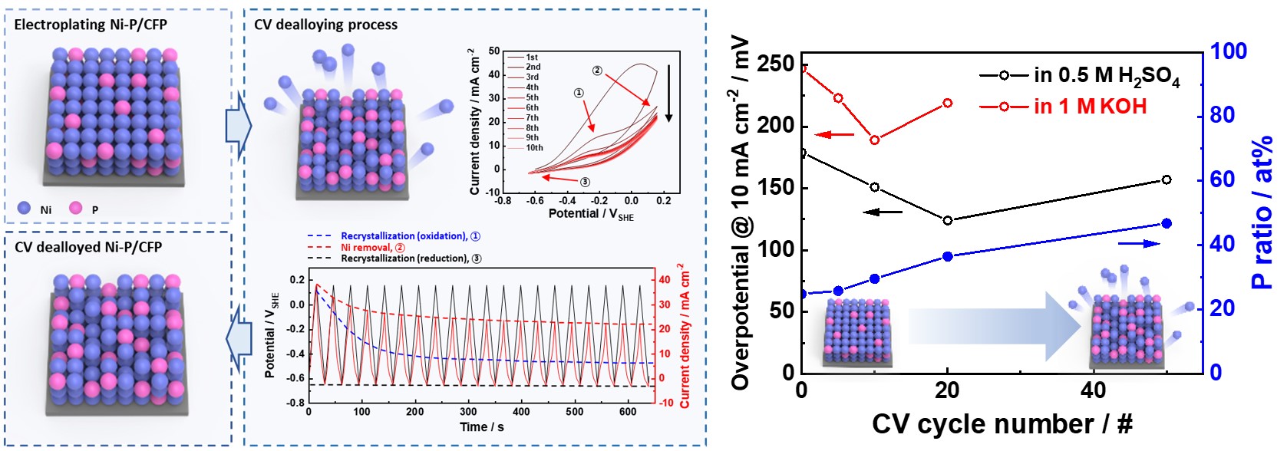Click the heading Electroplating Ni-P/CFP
pyautogui.click(x=90, y=25)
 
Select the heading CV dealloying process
pyautogui.click(x=325, y=25)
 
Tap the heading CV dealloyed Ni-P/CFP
pyautogui.click(x=88, y=247)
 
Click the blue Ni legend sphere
pyautogui.click(x=24, y=208)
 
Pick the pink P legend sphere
pyautogui.click(x=75, y=208)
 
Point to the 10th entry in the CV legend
pyautogui.click(x=534, y=148)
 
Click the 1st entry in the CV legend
pyautogui.click(x=532, y=58)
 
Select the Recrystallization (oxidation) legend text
pyautogui.click(x=404, y=236)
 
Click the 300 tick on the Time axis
pyautogui.click(x=467, y=412)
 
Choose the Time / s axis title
pyautogui.click(x=482, y=427)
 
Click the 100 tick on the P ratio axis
pyautogui.click(x=1229, y=51)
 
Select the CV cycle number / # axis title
pyautogui.click(x=1002, y=424)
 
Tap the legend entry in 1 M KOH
pyautogui.click(x=1090, y=107)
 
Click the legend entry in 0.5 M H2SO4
pyautogui.click(x=1106, y=75)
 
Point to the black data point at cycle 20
pyautogui.click(x=948, y=220)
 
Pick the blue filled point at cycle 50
pyautogui.click(x=1167, y=223)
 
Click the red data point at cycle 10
pyautogui.click(x=875, y=140)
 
